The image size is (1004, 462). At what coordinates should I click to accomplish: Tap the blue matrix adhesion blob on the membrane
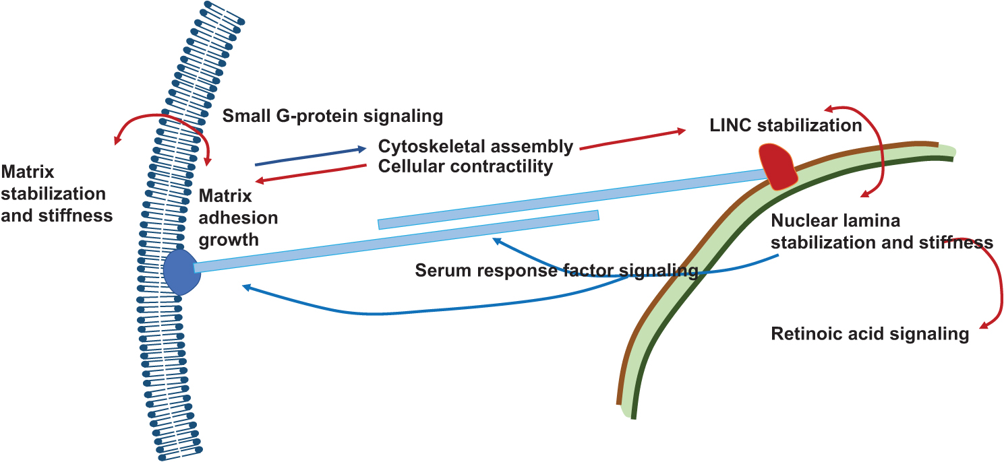coord(181,271)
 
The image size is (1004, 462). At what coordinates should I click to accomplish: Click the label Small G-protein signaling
coord(332,116)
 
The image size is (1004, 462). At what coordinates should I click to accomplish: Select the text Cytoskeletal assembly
coord(475,146)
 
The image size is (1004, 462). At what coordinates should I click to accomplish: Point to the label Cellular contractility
coord(465,166)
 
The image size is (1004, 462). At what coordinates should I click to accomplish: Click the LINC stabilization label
coord(786,125)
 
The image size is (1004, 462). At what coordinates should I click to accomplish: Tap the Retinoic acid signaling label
coord(870,334)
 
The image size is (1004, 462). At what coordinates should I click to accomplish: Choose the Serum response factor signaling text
coord(556,270)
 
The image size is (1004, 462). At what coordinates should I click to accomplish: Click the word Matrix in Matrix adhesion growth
coord(225,195)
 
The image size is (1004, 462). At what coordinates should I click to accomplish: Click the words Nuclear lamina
coord(835,220)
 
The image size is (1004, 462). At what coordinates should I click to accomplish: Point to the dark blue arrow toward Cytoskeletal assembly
coord(311,157)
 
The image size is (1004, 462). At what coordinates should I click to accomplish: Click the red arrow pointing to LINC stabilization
coord(632,139)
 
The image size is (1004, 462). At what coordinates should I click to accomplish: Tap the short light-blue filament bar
coord(489,220)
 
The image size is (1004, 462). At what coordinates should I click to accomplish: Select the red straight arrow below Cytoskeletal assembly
coord(311,174)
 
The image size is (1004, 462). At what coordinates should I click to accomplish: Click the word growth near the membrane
coord(229,240)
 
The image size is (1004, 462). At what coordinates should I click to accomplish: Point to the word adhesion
coord(238,218)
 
